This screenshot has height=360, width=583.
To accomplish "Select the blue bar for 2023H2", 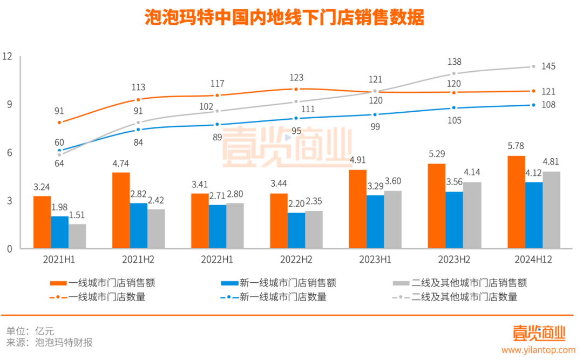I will (x=454, y=220).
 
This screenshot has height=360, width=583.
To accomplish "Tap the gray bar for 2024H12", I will (x=551, y=210).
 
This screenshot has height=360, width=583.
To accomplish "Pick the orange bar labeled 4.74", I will (x=121, y=210).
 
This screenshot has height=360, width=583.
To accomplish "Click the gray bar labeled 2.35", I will (x=314, y=229).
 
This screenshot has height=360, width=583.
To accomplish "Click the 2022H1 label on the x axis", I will (x=217, y=260).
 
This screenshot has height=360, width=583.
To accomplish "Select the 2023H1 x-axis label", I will (x=375, y=260).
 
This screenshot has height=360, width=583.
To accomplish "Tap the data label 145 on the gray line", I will (x=548, y=66).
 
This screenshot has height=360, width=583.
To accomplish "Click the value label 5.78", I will (x=516, y=146).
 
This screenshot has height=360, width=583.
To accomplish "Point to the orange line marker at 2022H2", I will (x=296, y=89).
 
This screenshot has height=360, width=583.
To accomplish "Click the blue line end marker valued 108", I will (x=533, y=105).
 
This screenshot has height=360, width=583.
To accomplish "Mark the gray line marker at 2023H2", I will (x=454, y=73).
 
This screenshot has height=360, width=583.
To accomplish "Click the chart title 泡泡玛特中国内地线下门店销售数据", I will (x=284, y=18).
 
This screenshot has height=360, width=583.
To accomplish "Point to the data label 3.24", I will (x=42, y=187).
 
